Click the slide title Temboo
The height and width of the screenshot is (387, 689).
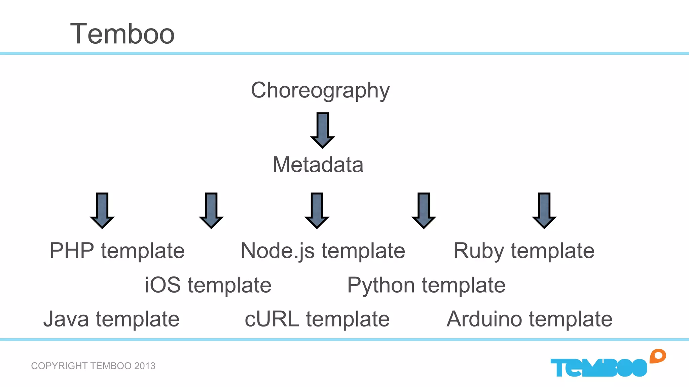[122, 34]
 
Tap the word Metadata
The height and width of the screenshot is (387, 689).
[318, 165]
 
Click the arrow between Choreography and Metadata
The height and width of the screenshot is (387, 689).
[322, 130]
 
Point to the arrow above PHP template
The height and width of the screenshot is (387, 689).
[102, 210]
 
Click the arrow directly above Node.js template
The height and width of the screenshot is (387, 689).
[317, 210]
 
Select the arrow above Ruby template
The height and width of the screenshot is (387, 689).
[544, 210]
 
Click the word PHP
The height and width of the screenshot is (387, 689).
[72, 251]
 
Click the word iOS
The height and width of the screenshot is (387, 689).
[163, 285]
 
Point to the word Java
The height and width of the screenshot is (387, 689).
[66, 319]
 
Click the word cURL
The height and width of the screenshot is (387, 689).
[271, 319]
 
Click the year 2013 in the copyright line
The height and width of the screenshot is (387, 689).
[145, 366]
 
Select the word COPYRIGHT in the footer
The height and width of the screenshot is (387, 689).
[59, 366]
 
